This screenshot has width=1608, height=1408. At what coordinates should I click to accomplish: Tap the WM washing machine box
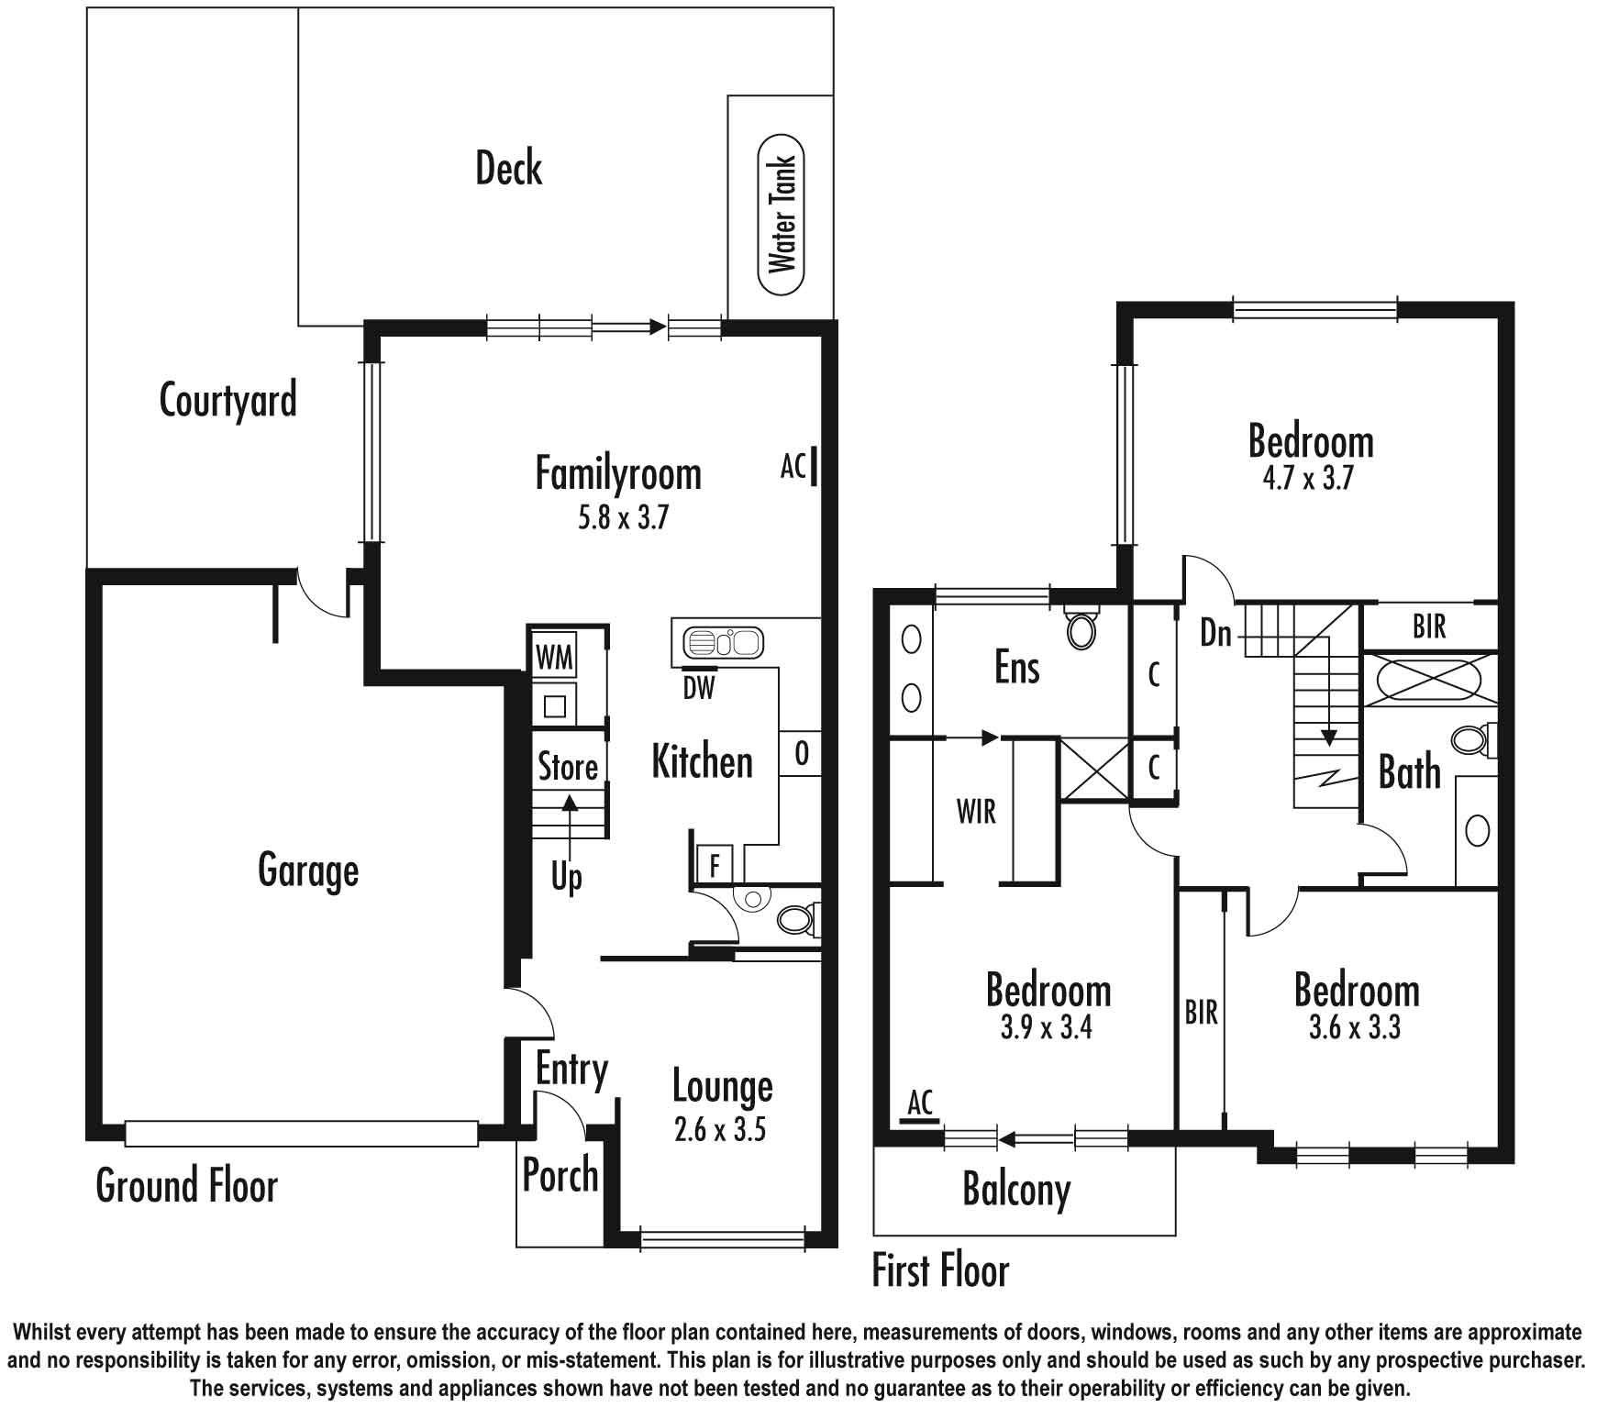coord(555,657)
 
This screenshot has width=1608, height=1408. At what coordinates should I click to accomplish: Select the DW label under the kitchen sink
coord(699,687)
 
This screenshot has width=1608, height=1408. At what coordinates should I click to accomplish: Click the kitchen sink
coord(724,642)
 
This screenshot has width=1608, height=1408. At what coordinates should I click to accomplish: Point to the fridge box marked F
coord(715,865)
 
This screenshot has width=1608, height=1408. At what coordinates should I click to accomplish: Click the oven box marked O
coord(801,754)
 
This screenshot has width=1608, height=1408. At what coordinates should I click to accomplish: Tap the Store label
coord(568,767)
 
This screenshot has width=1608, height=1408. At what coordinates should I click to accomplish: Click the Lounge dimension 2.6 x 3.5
coord(720,1130)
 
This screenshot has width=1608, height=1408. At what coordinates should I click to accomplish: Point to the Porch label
coord(560,1175)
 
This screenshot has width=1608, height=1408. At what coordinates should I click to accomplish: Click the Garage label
coord(308,870)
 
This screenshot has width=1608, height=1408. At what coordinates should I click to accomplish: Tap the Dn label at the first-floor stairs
coord(1216,632)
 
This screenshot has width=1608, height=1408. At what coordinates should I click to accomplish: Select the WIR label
coord(976,812)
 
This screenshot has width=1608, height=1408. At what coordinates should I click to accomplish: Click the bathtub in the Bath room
coord(1429,680)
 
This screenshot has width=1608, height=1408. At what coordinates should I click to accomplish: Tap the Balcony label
coord(1016,1191)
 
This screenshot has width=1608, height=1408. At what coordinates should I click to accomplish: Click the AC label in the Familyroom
coord(793,467)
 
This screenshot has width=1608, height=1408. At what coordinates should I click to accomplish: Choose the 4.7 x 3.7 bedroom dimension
coord(1308,479)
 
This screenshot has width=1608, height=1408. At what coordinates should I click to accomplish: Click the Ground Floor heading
coord(187,1185)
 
